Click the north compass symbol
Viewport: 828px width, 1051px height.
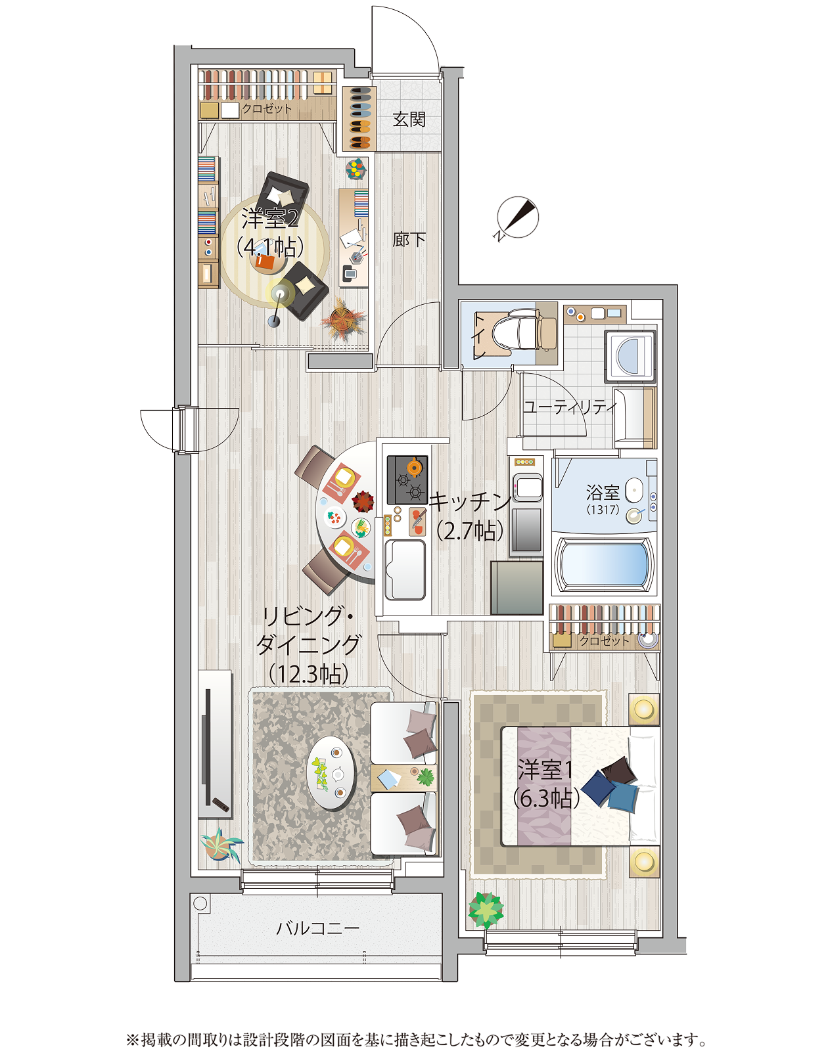point(517,218)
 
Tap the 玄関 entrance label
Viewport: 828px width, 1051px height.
point(409,119)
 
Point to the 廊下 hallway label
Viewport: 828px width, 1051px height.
point(409,239)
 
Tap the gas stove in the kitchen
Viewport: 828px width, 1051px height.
point(407,479)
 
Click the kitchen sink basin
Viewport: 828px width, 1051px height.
point(405,569)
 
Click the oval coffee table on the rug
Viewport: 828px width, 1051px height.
point(332,772)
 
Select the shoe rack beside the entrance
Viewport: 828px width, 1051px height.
point(359,119)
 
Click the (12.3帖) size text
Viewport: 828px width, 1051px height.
point(309,675)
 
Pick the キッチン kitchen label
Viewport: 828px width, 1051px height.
point(471,502)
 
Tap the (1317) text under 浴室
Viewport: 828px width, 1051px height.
point(603,509)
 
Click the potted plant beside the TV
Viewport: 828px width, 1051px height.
point(221,845)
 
